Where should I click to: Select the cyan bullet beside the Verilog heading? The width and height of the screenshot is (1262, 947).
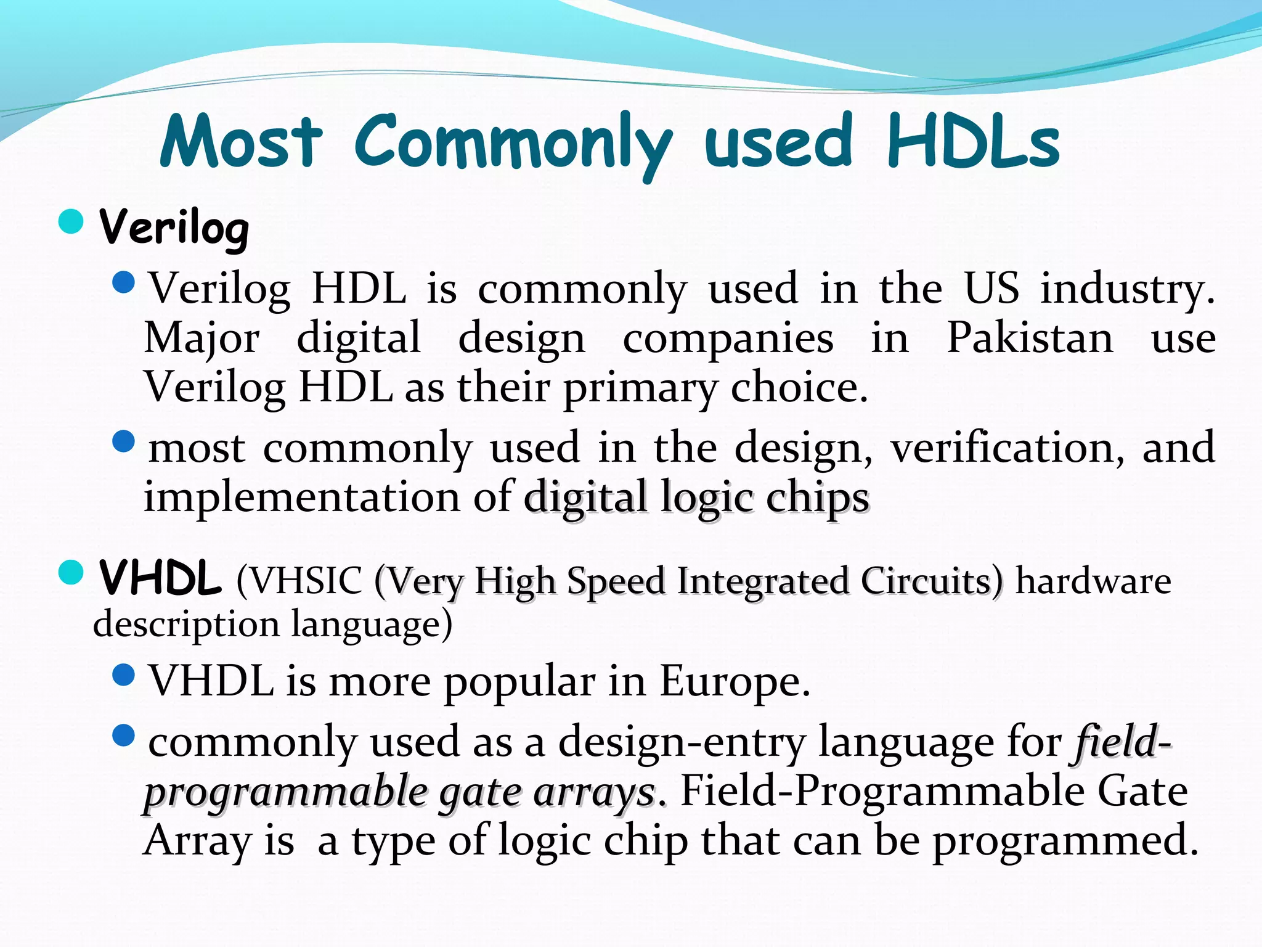pos(71,221)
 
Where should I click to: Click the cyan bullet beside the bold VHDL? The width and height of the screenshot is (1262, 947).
pos(71,573)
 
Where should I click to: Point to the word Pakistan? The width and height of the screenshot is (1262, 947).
pos(1030,338)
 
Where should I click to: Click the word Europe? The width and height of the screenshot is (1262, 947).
pos(734,682)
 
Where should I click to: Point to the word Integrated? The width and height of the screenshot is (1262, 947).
pos(763,581)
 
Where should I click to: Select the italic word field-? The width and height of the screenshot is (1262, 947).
pos(1121,742)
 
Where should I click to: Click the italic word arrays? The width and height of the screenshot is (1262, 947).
pos(593,792)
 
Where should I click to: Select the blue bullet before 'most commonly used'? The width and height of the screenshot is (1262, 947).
pos(124,441)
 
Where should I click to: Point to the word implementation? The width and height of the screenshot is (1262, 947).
pos(301,497)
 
